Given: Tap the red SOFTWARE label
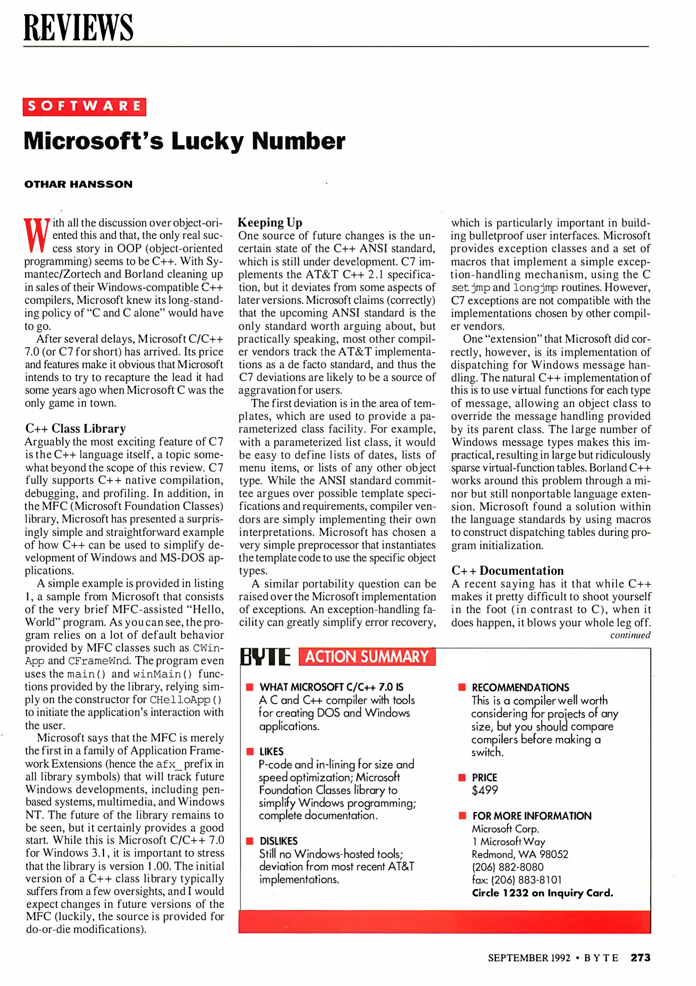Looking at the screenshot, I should click(84, 107).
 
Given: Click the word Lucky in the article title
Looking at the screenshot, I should click(208, 141).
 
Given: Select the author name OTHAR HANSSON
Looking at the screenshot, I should click(78, 184).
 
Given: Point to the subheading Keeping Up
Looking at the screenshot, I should click(270, 222).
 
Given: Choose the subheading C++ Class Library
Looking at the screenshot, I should click(76, 429).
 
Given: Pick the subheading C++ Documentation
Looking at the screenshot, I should click(508, 571).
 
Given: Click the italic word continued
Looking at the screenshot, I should click(630, 635).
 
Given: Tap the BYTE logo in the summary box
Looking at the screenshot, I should click(265, 657).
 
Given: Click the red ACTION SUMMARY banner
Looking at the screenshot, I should click(367, 657).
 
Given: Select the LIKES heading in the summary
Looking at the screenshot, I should click(272, 751).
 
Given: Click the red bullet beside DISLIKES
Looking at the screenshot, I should click(250, 841).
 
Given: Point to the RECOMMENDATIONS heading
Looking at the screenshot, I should click(520, 687).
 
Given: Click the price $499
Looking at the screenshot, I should click(485, 790).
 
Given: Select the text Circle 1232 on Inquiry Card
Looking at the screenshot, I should click(542, 893).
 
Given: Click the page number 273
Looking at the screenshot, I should click(640, 957).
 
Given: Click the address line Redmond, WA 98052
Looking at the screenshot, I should click(520, 854).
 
